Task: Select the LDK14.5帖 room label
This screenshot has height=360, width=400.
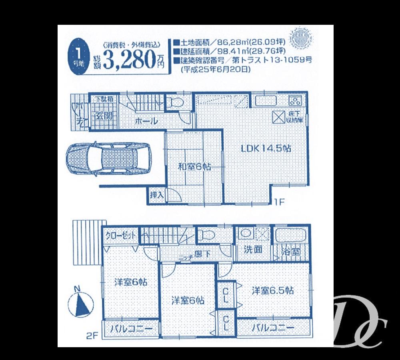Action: (266, 148)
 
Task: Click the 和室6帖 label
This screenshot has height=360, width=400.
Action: (194, 167)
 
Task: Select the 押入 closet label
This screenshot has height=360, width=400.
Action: (156, 196)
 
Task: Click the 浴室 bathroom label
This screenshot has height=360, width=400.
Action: (291, 251)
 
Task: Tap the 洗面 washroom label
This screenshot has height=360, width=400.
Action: (253, 250)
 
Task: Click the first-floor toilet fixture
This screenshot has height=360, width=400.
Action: (175, 103)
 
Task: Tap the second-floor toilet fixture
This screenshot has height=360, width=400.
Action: (206, 235)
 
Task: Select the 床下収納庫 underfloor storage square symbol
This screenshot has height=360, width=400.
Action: (278, 116)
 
